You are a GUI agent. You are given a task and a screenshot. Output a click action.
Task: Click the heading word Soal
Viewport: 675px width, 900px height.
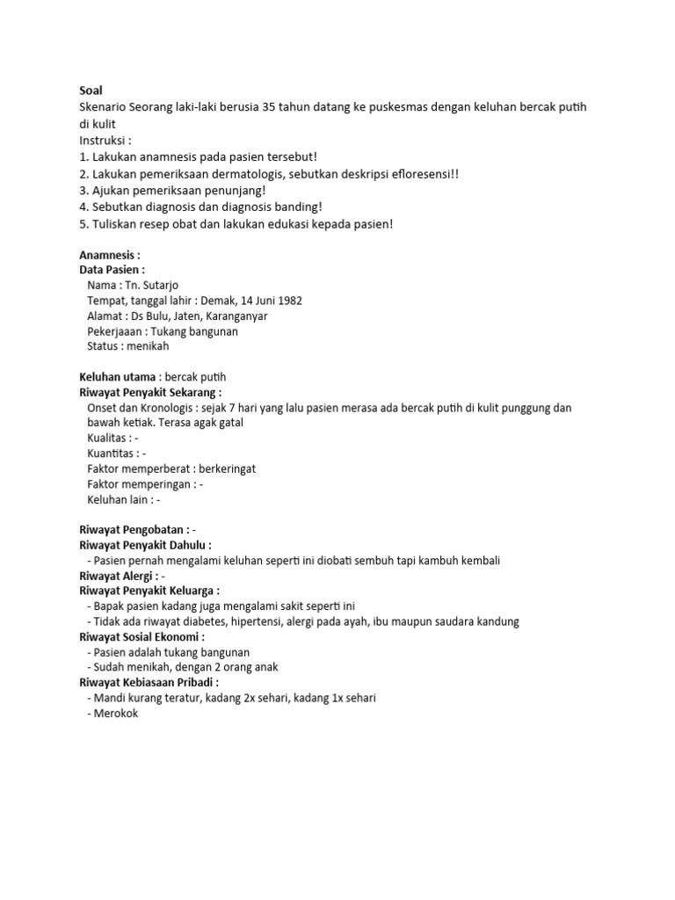tap(91, 91)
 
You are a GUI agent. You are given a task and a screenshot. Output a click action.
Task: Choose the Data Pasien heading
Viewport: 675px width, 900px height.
tap(112, 270)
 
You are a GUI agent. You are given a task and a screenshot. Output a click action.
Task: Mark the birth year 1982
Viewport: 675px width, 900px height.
tap(288, 301)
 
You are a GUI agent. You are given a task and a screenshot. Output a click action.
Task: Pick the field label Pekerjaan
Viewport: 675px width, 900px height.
tap(116, 331)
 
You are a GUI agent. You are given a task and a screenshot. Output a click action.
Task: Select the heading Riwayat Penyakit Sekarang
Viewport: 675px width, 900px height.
tap(150, 392)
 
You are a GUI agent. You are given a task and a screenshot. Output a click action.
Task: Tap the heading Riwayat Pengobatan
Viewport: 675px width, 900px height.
tap(133, 530)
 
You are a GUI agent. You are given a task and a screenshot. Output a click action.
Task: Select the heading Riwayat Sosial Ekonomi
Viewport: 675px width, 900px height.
tap(142, 636)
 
